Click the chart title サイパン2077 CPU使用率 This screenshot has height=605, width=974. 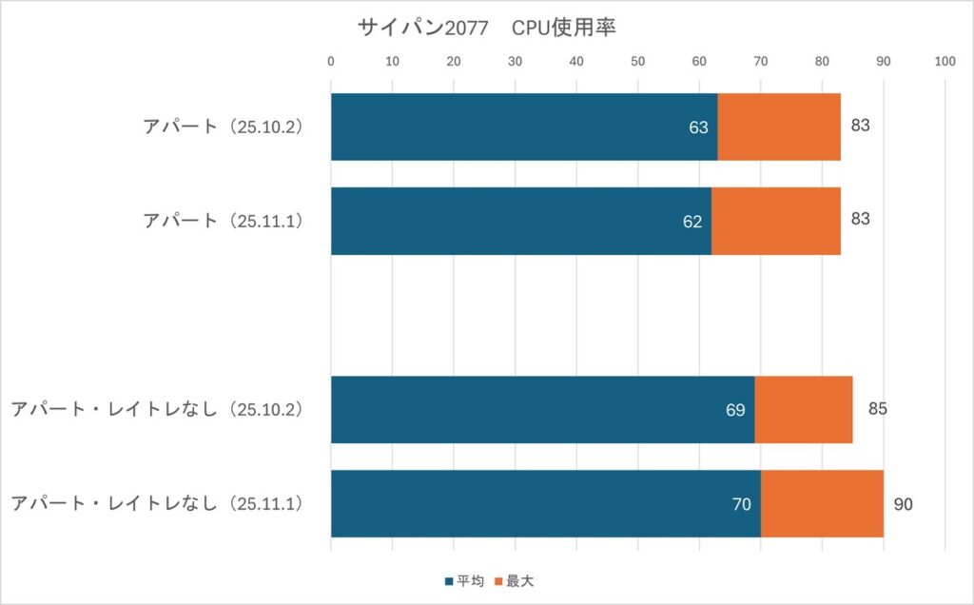point(486,28)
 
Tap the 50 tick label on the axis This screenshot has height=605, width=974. point(637,62)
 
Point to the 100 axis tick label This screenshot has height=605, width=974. point(945,62)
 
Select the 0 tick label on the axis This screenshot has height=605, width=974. point(330,62)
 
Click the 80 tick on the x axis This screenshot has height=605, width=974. point(822,62)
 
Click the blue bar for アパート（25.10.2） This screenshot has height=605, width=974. point(523,127)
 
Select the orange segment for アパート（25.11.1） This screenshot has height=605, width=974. point(775,221)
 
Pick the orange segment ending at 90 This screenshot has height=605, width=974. point(822,503)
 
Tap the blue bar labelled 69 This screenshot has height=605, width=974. point(542,409)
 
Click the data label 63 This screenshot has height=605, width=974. point(699,127)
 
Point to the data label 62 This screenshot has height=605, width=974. point(692,222)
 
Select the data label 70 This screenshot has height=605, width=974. point(742,504)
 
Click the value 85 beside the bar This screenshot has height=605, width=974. point(878,410)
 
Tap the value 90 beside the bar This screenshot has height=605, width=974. point(903,504)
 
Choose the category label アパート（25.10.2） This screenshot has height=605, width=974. point(223,127)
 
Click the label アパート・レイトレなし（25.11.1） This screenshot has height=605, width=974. point(156,503)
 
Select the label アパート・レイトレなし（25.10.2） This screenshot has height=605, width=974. point(156,409)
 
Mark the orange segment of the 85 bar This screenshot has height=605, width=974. point(803,409)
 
